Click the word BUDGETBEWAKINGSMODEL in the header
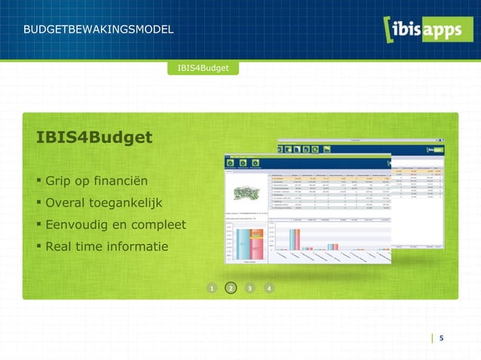click(x=99, y=30)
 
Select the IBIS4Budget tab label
click(x=204, y=69)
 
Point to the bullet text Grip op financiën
click(x=96, y=182)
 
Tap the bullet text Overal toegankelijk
click(x=103, y=203)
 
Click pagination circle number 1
click(x=213, y=288)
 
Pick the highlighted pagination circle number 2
click(x=231, y=288)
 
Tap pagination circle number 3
click(x=250, y=288)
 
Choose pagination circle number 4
click(x=269, y=288)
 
